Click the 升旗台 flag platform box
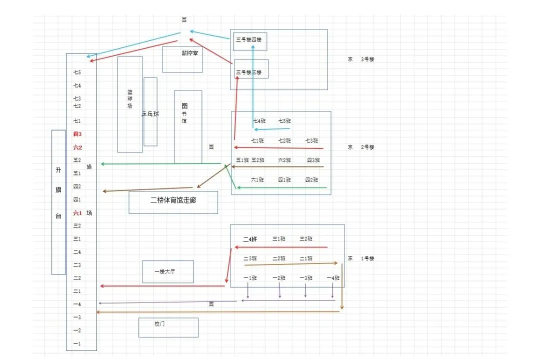pos(58,202)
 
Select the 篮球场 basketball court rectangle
pos(130,104)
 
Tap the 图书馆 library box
pos(188,126)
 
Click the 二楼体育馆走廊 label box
pos(173,202)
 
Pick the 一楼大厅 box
pos(167,271)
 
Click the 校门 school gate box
pos(168,327)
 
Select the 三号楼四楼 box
pos(249,40)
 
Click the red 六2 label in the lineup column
pos(77,147)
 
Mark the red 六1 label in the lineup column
pos(77,212)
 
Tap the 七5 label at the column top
pos(77,72)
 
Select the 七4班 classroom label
pos(259,121)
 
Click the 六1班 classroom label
pos(257,179)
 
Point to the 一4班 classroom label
pos(333,278)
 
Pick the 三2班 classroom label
pos(306,239)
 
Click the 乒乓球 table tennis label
pos(150,114)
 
